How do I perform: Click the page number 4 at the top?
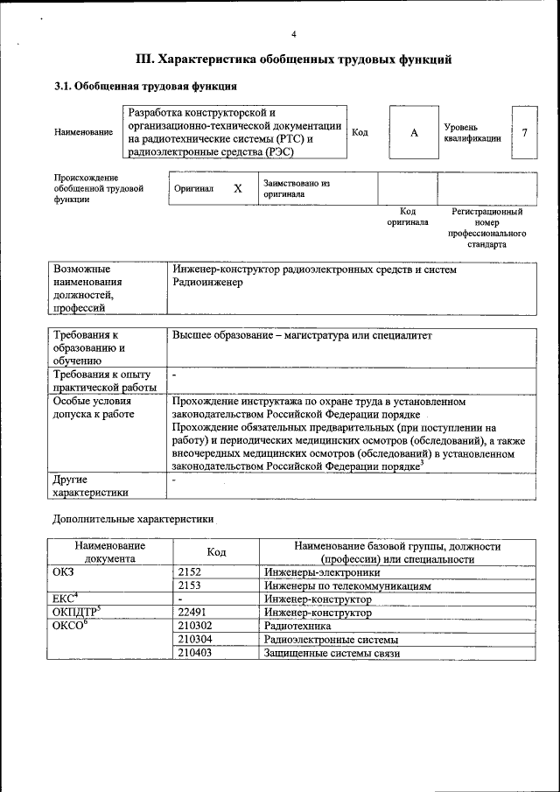click(293, 35)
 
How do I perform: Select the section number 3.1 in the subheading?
click(63, 88)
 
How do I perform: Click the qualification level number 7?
click(523, 132)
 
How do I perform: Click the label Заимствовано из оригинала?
click(296, 189)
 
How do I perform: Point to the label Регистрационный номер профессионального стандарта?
click(486, 228)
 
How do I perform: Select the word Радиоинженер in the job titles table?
click(208, 283)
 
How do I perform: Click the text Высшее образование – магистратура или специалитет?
click(302, 335)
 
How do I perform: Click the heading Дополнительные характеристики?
click(134, 518)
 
